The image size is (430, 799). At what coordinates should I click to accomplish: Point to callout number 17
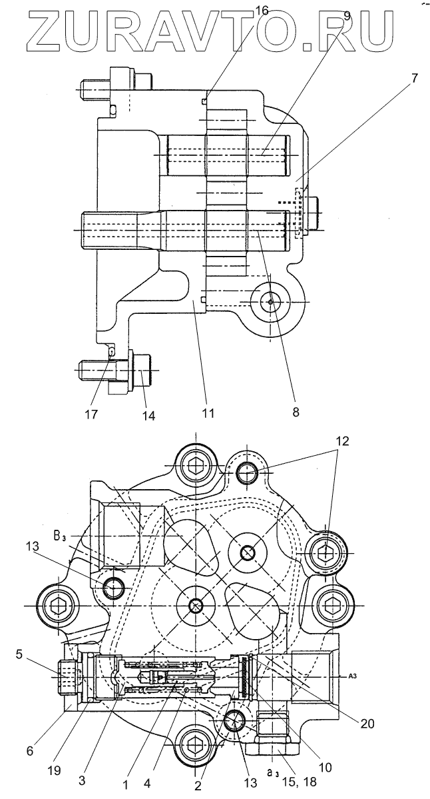click(x=91, y=414)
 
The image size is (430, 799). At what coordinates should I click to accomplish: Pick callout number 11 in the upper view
click(x=208, y=413)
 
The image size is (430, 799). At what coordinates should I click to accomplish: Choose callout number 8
click(x=295, y=411)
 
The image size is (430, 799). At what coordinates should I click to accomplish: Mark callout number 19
click(x=55, y=770)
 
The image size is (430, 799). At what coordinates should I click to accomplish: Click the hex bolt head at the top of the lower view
click(x=195, y=464)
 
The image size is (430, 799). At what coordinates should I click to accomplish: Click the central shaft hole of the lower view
click(x=195, y=605)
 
